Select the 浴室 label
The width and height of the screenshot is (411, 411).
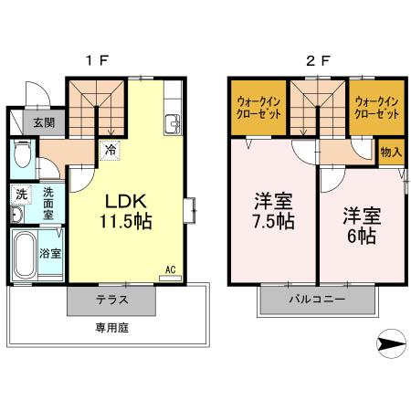click(x=51, y=253)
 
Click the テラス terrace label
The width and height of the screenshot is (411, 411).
click(x=112, y=300)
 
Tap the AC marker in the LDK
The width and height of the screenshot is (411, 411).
click(x=170, y=269)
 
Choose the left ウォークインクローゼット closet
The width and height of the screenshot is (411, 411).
click(x=258, y=109)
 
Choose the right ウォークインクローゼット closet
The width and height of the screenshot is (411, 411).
click(x=375, y=109)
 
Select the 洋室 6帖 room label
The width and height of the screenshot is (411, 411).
click(x=362, y=225)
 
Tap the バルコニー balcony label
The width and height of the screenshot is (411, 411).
click(x=317, y=299)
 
